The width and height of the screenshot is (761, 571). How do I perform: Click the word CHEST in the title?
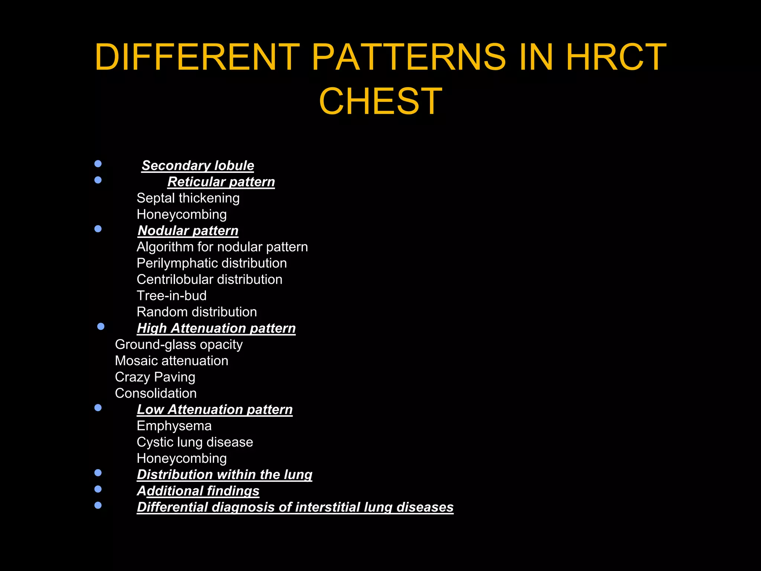(380, 101)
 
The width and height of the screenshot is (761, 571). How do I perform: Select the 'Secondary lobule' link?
(198, 165)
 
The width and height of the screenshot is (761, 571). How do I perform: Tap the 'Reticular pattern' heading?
(221, 182)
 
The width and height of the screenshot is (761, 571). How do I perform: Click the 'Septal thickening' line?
(188, 198)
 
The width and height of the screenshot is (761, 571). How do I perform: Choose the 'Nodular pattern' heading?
(188, 231)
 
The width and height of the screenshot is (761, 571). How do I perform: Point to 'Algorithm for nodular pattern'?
(222, 247)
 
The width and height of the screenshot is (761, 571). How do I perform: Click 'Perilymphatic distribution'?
(212, 263)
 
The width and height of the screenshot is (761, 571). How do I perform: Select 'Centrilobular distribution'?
(210, 280)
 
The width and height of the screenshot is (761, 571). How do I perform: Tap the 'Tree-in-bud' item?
(172, 296)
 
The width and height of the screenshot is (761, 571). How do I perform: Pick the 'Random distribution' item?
(197, 312)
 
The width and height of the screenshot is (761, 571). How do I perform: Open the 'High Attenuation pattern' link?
(216, 328)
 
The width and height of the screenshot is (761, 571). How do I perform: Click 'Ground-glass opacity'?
(179, 345)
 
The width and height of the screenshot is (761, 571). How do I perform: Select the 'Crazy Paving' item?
(155, 377)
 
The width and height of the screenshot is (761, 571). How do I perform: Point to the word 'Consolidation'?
(156, 393)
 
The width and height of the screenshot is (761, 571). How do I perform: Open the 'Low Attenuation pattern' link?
(215, 410)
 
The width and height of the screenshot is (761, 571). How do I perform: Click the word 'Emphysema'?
(174, 426)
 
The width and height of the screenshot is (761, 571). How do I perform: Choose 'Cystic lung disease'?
(195, 442)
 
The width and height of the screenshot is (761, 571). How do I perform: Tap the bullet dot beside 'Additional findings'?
(98, 489)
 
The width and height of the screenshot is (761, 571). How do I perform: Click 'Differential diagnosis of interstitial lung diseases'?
(295, 507)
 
